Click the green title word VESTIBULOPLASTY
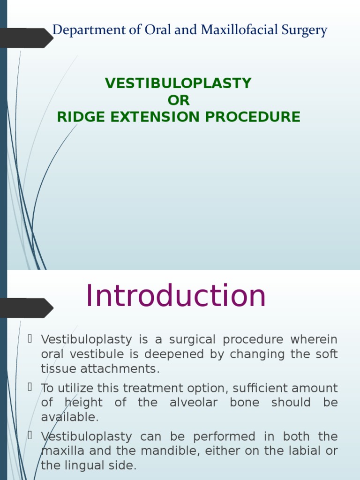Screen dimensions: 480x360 pos(178,83)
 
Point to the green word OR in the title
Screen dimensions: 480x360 pos(179,100)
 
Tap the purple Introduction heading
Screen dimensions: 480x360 pos(176,296)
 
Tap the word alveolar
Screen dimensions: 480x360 pos(198,403)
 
